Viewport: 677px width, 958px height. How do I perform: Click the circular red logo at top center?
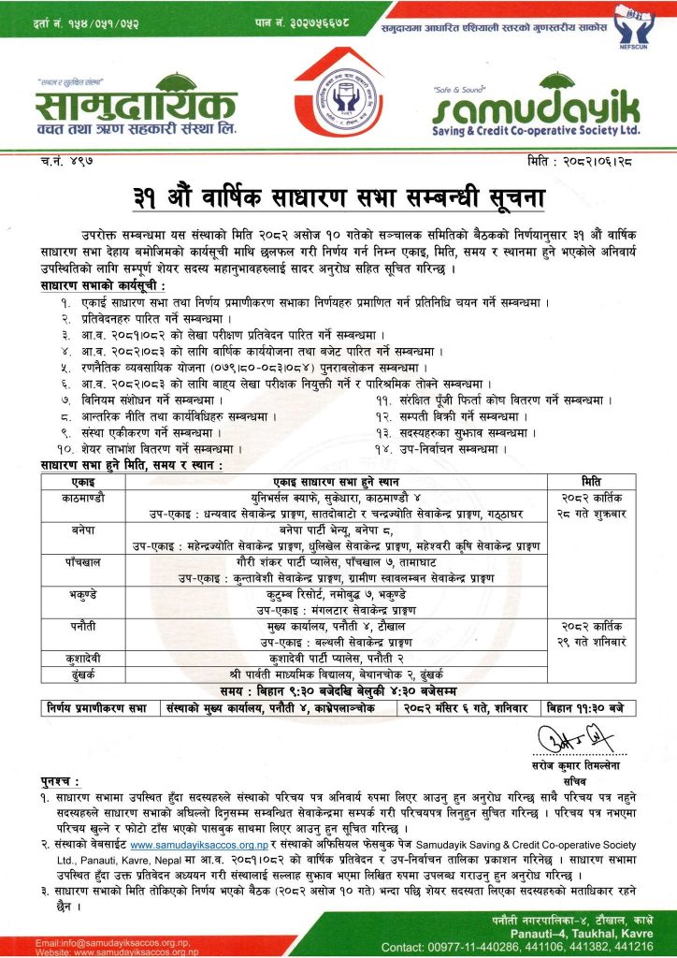(338, 94)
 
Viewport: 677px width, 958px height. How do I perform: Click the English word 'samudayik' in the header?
(538, 110)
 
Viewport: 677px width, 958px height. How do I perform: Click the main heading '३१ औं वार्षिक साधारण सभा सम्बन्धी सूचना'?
(338, 198)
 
